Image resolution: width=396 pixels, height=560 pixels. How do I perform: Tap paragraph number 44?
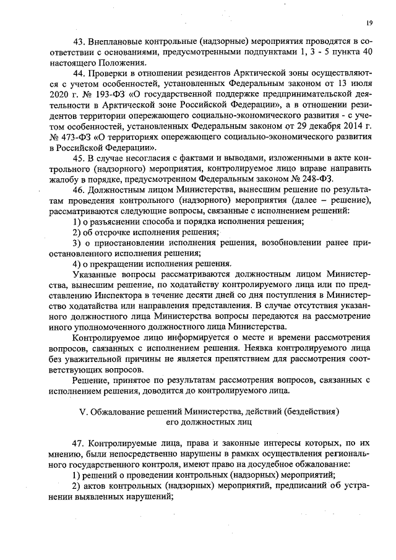point(79,74)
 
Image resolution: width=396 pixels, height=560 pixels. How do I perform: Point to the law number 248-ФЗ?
point(308,179)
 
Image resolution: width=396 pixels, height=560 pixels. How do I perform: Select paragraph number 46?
point(79,191)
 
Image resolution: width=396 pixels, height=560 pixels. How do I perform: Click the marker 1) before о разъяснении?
point(77,222)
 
